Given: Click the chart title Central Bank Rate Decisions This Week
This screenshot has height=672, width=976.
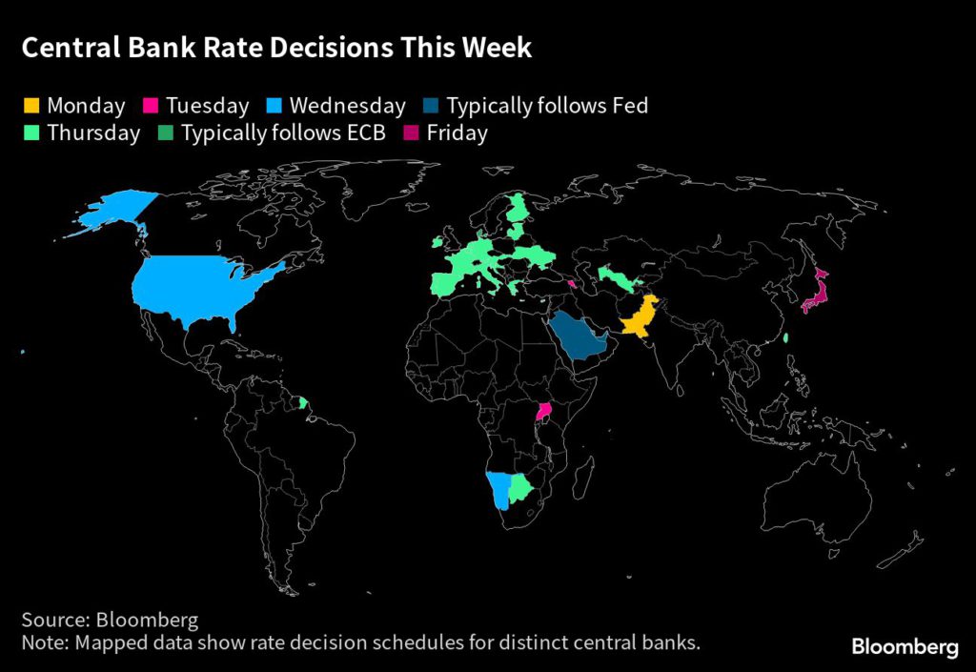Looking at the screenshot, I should (276, 49).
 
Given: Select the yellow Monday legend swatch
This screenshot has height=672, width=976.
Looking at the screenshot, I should (31, 106).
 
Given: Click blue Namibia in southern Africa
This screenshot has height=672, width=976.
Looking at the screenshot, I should (498, 491).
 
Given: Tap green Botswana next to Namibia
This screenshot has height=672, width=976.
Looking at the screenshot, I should (520, 489).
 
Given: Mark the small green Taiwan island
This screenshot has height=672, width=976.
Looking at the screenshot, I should (785, 338).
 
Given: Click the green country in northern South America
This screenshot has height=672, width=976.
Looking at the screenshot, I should (303, 402).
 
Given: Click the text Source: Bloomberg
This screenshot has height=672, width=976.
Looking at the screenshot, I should (110, 621).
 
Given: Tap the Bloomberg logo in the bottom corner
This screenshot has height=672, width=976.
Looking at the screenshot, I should (905, 647).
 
